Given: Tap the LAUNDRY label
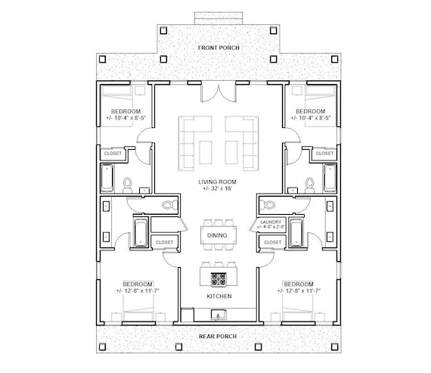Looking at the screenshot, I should [269, 221].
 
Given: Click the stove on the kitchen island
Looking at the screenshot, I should [218, 278].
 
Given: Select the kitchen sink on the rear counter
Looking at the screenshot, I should [218, 312].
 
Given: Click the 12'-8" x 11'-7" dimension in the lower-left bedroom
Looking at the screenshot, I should [137, 289].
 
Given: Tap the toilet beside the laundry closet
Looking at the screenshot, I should [265, 204].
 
